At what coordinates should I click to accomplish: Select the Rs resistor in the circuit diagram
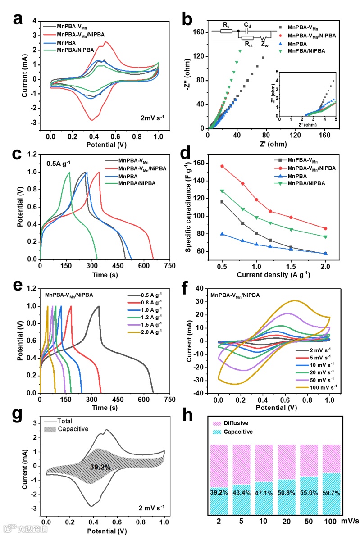coord(226,32)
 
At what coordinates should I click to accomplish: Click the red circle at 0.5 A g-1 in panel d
coord(222,166)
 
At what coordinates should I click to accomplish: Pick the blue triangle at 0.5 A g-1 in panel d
coord(222,234)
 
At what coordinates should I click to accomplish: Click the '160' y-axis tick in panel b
coord(199,32)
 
